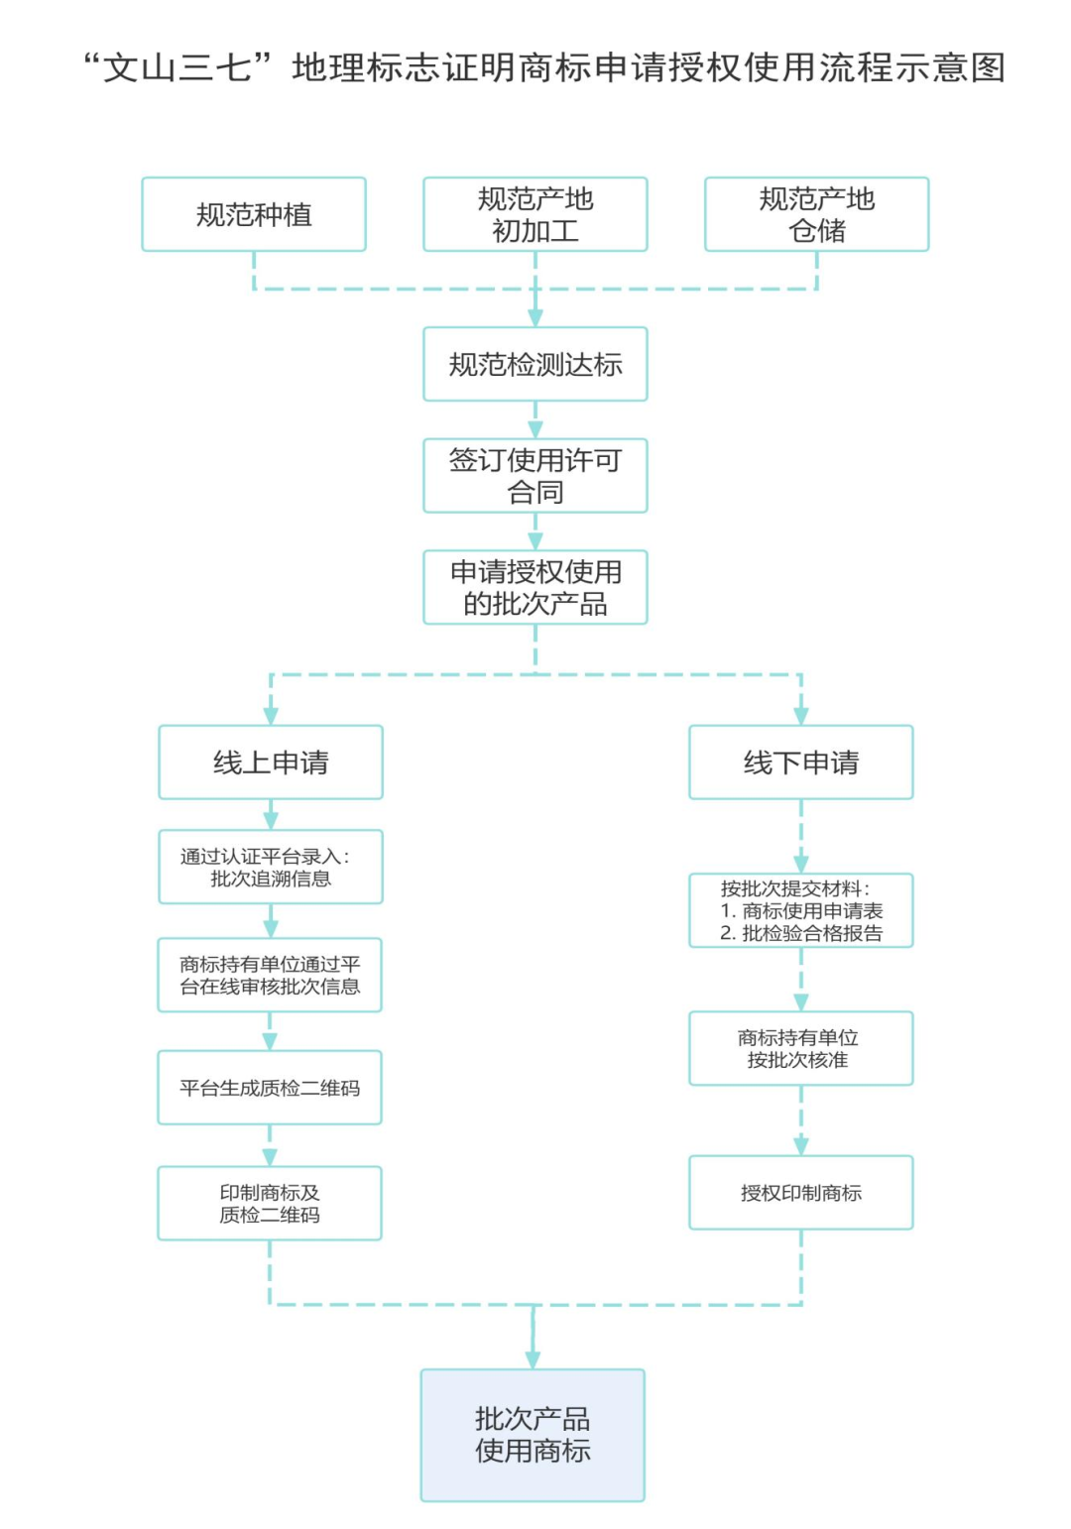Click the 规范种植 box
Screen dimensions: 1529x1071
point(254,214)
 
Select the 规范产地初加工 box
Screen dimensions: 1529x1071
point(535,214)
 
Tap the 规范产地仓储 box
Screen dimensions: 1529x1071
point(816,214)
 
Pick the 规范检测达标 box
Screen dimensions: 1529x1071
point(535,364)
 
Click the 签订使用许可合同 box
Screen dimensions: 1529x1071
point(535,476)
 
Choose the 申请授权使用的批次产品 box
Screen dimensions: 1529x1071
point(535,587)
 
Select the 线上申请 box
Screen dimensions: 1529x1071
point(271,763)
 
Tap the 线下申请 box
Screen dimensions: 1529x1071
point(801,763)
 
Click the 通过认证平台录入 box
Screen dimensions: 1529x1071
point(271,867)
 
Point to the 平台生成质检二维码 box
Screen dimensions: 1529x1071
point(270,1088)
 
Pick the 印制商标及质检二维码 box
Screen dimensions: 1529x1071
point(270,1203)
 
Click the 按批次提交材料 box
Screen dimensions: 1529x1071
point(801,910)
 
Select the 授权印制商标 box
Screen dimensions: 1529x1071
point(801,1193)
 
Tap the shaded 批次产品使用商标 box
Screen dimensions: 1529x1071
point(533,1435)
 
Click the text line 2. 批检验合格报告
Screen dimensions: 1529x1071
point(801,933)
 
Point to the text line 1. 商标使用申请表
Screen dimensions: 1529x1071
point(801,910)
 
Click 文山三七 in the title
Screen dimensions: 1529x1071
point(178,67)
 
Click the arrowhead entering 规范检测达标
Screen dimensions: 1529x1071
point(535,317)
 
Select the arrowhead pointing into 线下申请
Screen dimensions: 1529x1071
point(801,715)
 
